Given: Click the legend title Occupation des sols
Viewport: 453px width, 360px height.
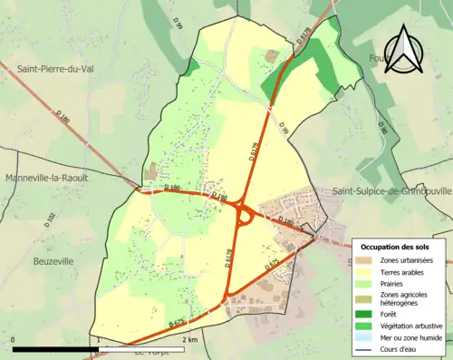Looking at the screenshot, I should coord(395,247).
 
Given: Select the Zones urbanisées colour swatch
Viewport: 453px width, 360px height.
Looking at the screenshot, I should coord(367,260).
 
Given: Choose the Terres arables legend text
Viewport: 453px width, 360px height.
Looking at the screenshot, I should coord(404,271).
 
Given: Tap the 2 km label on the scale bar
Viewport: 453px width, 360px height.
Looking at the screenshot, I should coord(188,339).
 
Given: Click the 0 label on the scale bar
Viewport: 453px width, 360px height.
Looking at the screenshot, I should coord(14,339).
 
